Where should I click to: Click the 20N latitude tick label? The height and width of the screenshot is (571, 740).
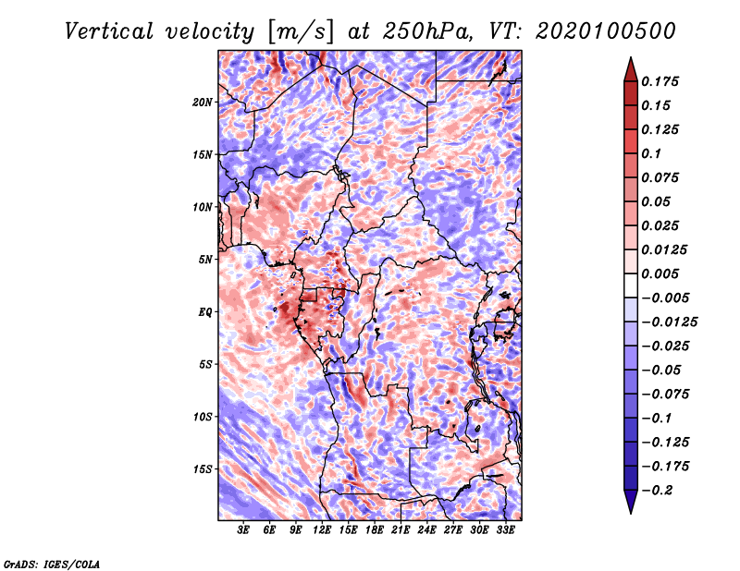tap(203, 103)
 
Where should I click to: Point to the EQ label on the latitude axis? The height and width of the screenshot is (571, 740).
tap(205, 312)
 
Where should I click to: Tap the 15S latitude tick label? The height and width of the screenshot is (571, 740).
tap(203, 469)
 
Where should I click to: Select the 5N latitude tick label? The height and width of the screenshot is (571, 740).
tap(205, 260)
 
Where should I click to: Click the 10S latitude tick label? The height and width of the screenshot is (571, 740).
tap(203, 417)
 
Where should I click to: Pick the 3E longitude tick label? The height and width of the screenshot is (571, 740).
tap(243, 529)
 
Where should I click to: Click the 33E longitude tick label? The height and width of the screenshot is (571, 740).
tap(505, 529)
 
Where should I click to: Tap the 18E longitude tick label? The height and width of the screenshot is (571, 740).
tap(375, 529)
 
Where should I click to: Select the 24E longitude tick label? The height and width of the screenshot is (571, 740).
tap(426, 529)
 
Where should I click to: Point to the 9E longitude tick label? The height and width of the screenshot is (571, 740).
tap(296, 529)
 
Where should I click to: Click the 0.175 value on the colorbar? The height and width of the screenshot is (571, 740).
tap(660, 81)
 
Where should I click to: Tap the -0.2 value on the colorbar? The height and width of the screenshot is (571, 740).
tap(657, 491)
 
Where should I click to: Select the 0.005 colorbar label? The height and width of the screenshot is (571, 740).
tap(660, 273)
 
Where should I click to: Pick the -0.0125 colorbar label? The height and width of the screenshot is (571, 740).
tap(669, 322)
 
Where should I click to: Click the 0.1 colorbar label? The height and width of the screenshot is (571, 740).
tap(651, 153)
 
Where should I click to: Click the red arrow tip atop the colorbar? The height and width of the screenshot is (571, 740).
tap(631, 58)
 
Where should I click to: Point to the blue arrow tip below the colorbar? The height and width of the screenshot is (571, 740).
tap(631, 512)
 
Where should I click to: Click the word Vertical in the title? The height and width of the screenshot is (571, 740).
tap(109, 31)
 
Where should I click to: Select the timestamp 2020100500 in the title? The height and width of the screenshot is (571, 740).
tap(606, 31)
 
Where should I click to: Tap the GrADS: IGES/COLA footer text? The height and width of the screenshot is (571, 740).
tap(52, 564)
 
